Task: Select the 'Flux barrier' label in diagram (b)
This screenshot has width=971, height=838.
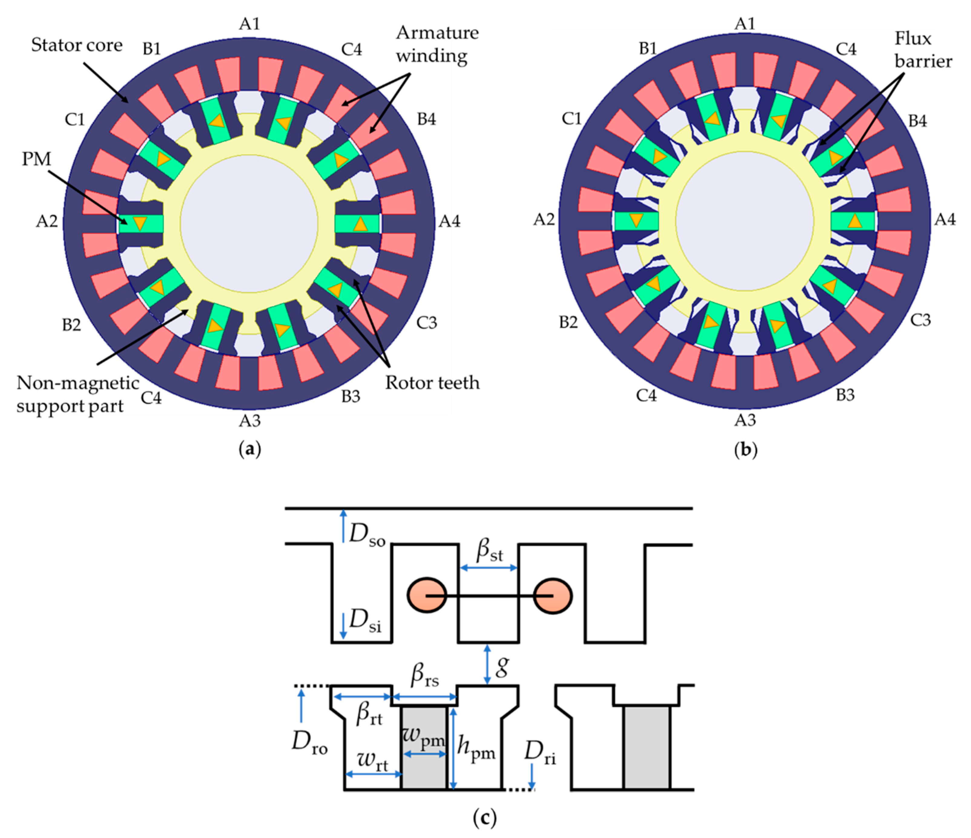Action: pyautogui.click(x=922, y=50)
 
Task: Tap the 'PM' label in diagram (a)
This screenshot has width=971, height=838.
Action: pyautogui.click(x=36, y=159)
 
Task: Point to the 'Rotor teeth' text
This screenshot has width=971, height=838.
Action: pyautogui.click(x=432, y=383)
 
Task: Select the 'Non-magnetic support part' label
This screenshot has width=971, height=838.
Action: pyautogui.click(x=77, y=394)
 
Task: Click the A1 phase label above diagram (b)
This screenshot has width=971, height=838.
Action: pyautogui.click(x=745, y=23)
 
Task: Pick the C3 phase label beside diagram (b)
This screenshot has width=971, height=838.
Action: pyautogui.click(x=920, y=320)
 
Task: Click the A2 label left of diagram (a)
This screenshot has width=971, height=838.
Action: pyautogui.click(x=47, y=221)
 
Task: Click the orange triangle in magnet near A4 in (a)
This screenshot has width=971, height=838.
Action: pyautogui.click(x=360, y=225)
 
